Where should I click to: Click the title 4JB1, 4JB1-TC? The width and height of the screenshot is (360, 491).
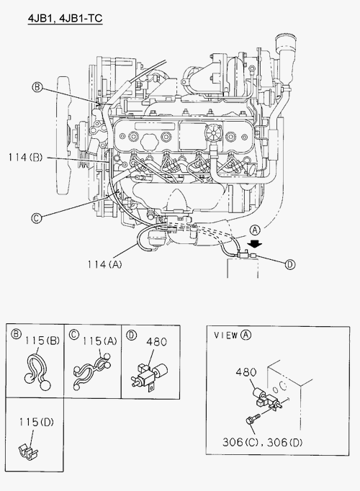[65, 18]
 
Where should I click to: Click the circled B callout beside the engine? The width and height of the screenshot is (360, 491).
[37, 86]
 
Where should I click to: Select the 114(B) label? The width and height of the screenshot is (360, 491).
[25, 157]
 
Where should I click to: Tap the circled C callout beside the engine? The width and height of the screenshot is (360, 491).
[37, 217]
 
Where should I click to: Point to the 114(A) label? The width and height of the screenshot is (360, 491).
[104, 265]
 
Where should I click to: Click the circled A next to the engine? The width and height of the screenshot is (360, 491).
[255, 230]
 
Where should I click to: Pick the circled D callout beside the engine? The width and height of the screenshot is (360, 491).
[290, 265]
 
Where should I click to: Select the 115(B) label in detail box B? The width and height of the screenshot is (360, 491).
[42, 341]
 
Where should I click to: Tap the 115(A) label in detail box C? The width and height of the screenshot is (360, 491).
[99, 341]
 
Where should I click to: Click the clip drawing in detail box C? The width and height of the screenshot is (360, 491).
[91, 372]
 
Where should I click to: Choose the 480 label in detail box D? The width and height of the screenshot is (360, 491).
[156, 342]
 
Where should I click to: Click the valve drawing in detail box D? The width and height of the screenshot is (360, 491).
[149, 375]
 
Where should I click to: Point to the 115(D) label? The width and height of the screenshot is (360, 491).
[36, 422]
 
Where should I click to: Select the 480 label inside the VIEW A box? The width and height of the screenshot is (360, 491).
[246, 372]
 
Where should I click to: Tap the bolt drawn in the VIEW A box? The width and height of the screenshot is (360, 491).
[253, 419]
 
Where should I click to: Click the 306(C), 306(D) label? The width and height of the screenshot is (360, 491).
[263, 442]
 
